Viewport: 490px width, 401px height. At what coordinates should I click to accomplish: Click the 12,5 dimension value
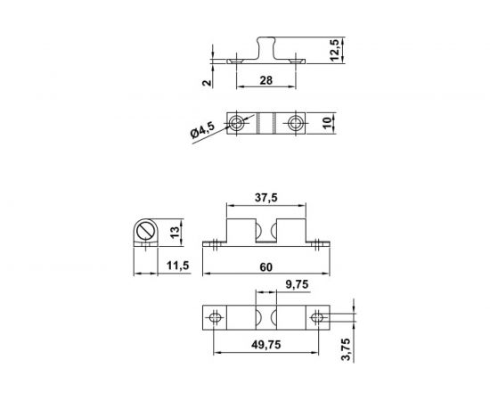tap(334, 50)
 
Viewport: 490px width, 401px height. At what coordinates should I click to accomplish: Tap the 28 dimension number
tap(266, 80)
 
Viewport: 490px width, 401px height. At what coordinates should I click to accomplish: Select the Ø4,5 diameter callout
tap(202, 130)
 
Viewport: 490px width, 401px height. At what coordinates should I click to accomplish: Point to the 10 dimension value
tap(327, 123)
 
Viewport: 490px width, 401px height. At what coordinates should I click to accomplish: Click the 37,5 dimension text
tap(266, 198)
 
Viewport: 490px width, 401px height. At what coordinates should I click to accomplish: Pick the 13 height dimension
tap(175, 232)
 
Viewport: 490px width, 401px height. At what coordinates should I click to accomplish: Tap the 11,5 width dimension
tap(178, 266)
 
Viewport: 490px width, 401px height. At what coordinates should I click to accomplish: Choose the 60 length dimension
tap(266, 267)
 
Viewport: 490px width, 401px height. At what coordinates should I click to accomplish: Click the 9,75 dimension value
tap(297, 284)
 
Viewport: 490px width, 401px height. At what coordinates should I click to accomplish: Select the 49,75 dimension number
tap(266, 345)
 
